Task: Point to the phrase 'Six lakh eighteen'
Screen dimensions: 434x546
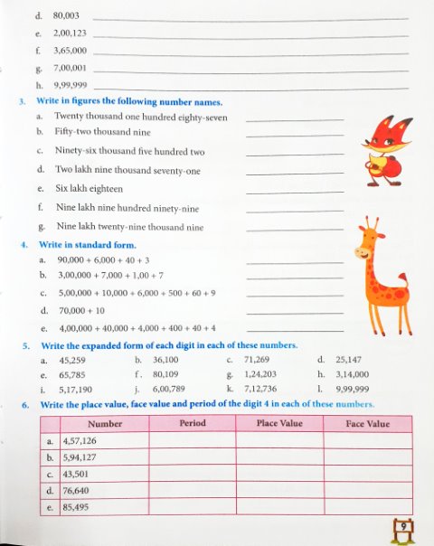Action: click(x=90, y=189)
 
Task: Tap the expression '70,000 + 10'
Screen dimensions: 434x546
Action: click(x=82, y=310)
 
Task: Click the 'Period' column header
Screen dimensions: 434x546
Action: click(x=192, y=423)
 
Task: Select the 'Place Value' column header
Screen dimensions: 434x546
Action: click(x=279, y=423)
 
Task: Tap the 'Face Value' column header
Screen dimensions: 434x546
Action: click(x=367, y=423)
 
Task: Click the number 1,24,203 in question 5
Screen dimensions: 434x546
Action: click(x=260, y=373)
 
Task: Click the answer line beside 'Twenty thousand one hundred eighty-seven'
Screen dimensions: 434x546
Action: click(x=295, y=119)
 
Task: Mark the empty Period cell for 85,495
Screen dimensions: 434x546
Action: click(x=192, y=508)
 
